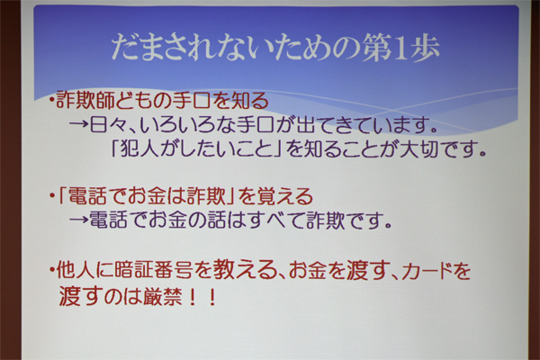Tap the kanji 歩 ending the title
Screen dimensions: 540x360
pos(423,48)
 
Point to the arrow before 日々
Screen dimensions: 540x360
pos(79,125)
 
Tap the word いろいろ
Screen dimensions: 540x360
pos(179,125)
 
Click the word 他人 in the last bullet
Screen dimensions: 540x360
pos(75,270)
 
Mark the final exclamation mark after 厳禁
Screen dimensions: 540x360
pos(212,297)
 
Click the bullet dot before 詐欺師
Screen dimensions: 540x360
pos(52,101)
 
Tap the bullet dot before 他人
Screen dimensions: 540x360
pos(52,270)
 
